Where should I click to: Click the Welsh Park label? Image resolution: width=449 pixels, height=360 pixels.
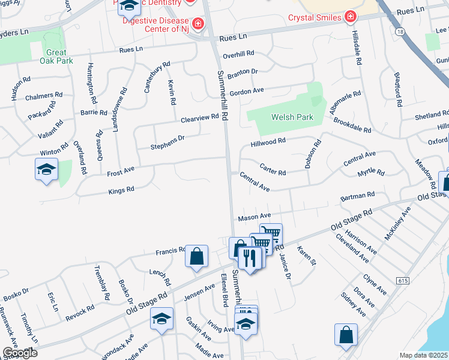(x=292, y=117)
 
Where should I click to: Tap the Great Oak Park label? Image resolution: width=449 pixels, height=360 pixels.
(x=56, y=56)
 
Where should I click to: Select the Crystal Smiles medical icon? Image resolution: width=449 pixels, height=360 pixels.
(x=349, y=17)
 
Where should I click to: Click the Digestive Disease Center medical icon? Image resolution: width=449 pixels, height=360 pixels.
(x=197, y=25)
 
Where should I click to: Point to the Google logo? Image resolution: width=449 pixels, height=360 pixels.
(x=19, y=353)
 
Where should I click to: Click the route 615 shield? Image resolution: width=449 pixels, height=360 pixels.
(x=403, y=280)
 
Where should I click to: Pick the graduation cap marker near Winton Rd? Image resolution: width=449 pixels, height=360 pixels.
(x=46, y=170)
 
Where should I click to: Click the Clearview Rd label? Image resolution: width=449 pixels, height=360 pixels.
(x=200, y=118)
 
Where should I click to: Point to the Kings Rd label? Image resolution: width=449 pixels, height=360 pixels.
(x=121, y=190)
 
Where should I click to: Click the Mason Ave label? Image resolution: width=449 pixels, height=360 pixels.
(x=255, y=216)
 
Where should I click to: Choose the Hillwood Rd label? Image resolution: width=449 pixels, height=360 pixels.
(x=268, y=142)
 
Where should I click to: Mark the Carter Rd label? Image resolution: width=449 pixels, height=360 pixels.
(x=273, y=169)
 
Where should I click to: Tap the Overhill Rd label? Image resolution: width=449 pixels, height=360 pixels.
(x=238, y=53)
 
